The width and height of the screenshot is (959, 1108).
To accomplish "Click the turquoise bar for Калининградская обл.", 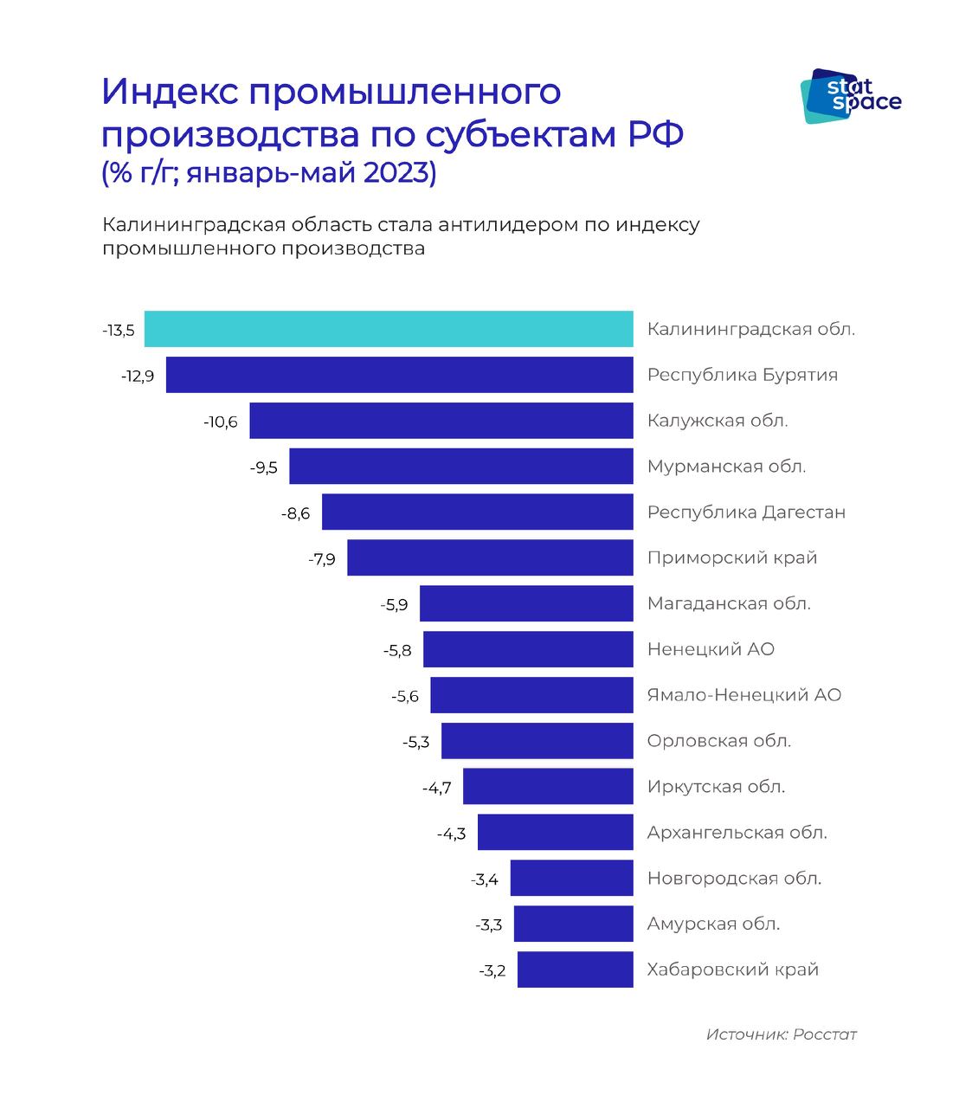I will [389, 329].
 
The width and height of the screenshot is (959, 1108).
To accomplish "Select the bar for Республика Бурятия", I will [399, 375].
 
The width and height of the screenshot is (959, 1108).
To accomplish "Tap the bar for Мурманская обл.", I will [460, 467].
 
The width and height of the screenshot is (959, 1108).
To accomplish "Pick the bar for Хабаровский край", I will [575, 969].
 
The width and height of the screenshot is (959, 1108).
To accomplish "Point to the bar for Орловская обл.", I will [537, 741].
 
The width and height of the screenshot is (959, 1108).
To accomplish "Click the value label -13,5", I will [118, 331].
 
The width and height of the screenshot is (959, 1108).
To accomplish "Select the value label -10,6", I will [221, 422].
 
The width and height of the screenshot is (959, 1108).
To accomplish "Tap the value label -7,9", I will [322, 559].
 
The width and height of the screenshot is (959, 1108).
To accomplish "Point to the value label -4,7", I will [437, 788].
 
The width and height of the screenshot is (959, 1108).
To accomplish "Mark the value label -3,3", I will [489, 925].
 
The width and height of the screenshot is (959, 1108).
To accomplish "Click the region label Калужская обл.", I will [718, 421].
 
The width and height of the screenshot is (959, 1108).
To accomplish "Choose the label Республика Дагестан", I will [746, 512].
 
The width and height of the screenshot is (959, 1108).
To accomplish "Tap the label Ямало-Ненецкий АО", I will [744, 695].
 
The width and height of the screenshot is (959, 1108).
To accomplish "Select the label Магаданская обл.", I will [729, 603].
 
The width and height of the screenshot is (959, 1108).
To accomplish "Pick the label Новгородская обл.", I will [734, 878].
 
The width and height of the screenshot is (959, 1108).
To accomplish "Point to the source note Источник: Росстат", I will [781, 1034].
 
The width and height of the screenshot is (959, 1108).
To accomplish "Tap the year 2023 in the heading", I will [399, 172].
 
